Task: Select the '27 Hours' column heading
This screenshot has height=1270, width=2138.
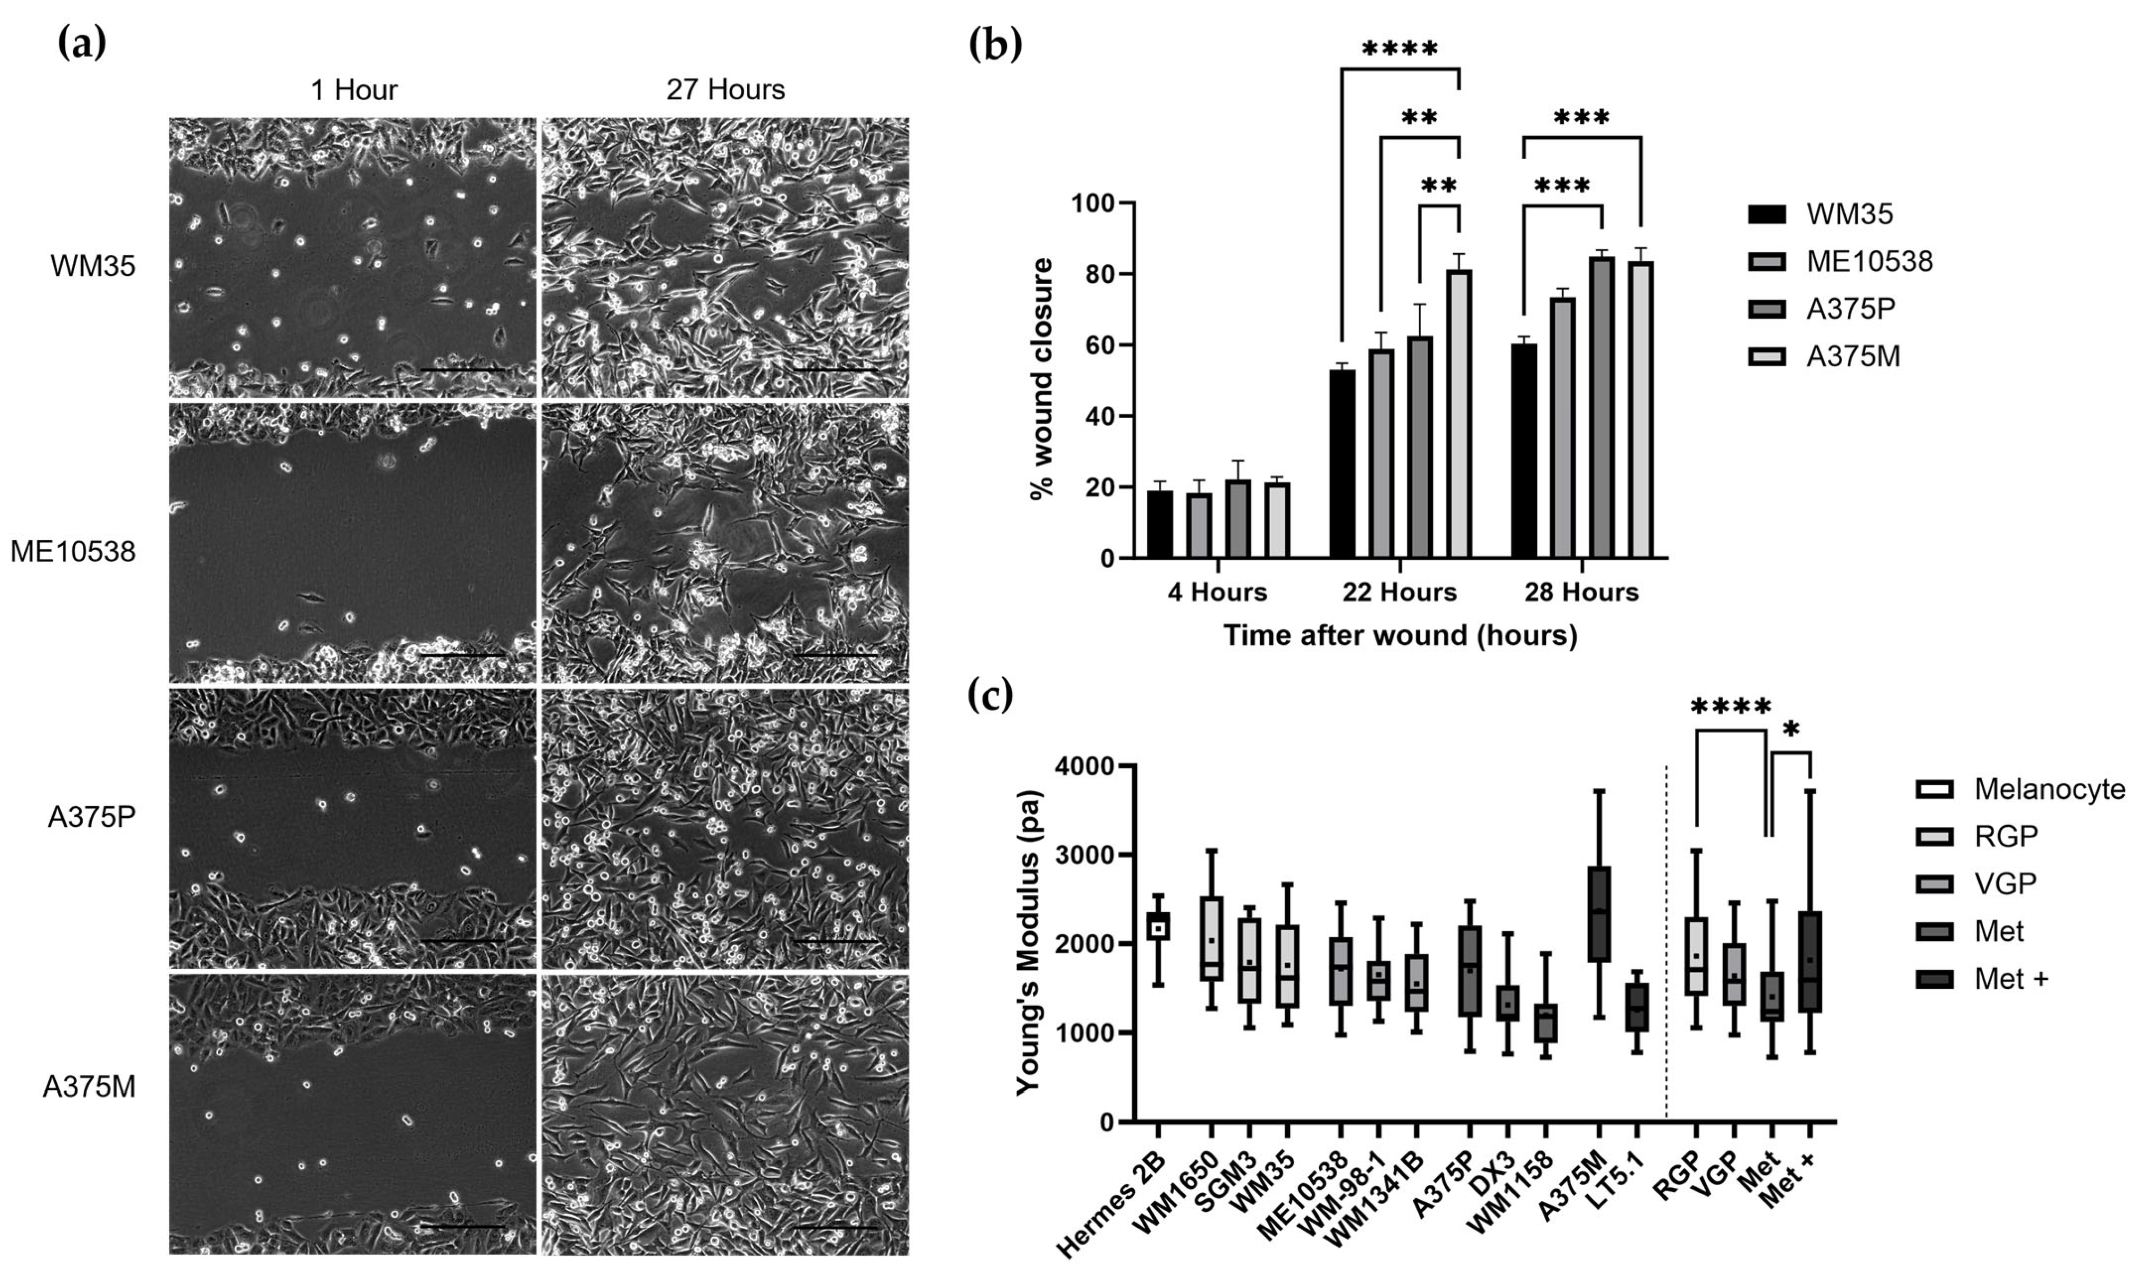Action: tap(725, 90)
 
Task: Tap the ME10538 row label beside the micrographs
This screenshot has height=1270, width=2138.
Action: tap(73, 552)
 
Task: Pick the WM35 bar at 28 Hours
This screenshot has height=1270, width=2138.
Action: tap(1524, 451)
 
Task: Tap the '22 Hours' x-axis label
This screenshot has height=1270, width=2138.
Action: tap(1399, 592)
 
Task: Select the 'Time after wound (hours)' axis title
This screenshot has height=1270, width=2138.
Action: tap(1399, 636)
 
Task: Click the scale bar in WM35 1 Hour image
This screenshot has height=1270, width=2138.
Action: tap(462, 370)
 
